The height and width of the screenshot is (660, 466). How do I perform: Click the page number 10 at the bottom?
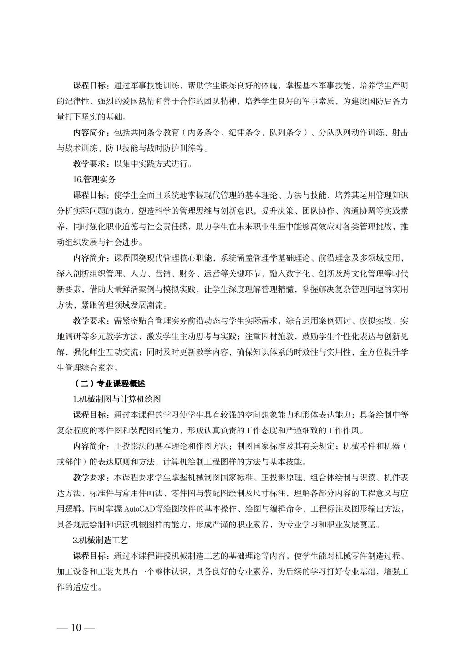point(76,628)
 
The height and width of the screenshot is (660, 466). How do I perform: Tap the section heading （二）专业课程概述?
point(109,383)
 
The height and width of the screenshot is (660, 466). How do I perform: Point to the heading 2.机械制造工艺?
point(101,540)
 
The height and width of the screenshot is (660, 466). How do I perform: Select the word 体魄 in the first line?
point(271,85)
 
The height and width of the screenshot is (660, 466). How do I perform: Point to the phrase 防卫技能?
point(122,148)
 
